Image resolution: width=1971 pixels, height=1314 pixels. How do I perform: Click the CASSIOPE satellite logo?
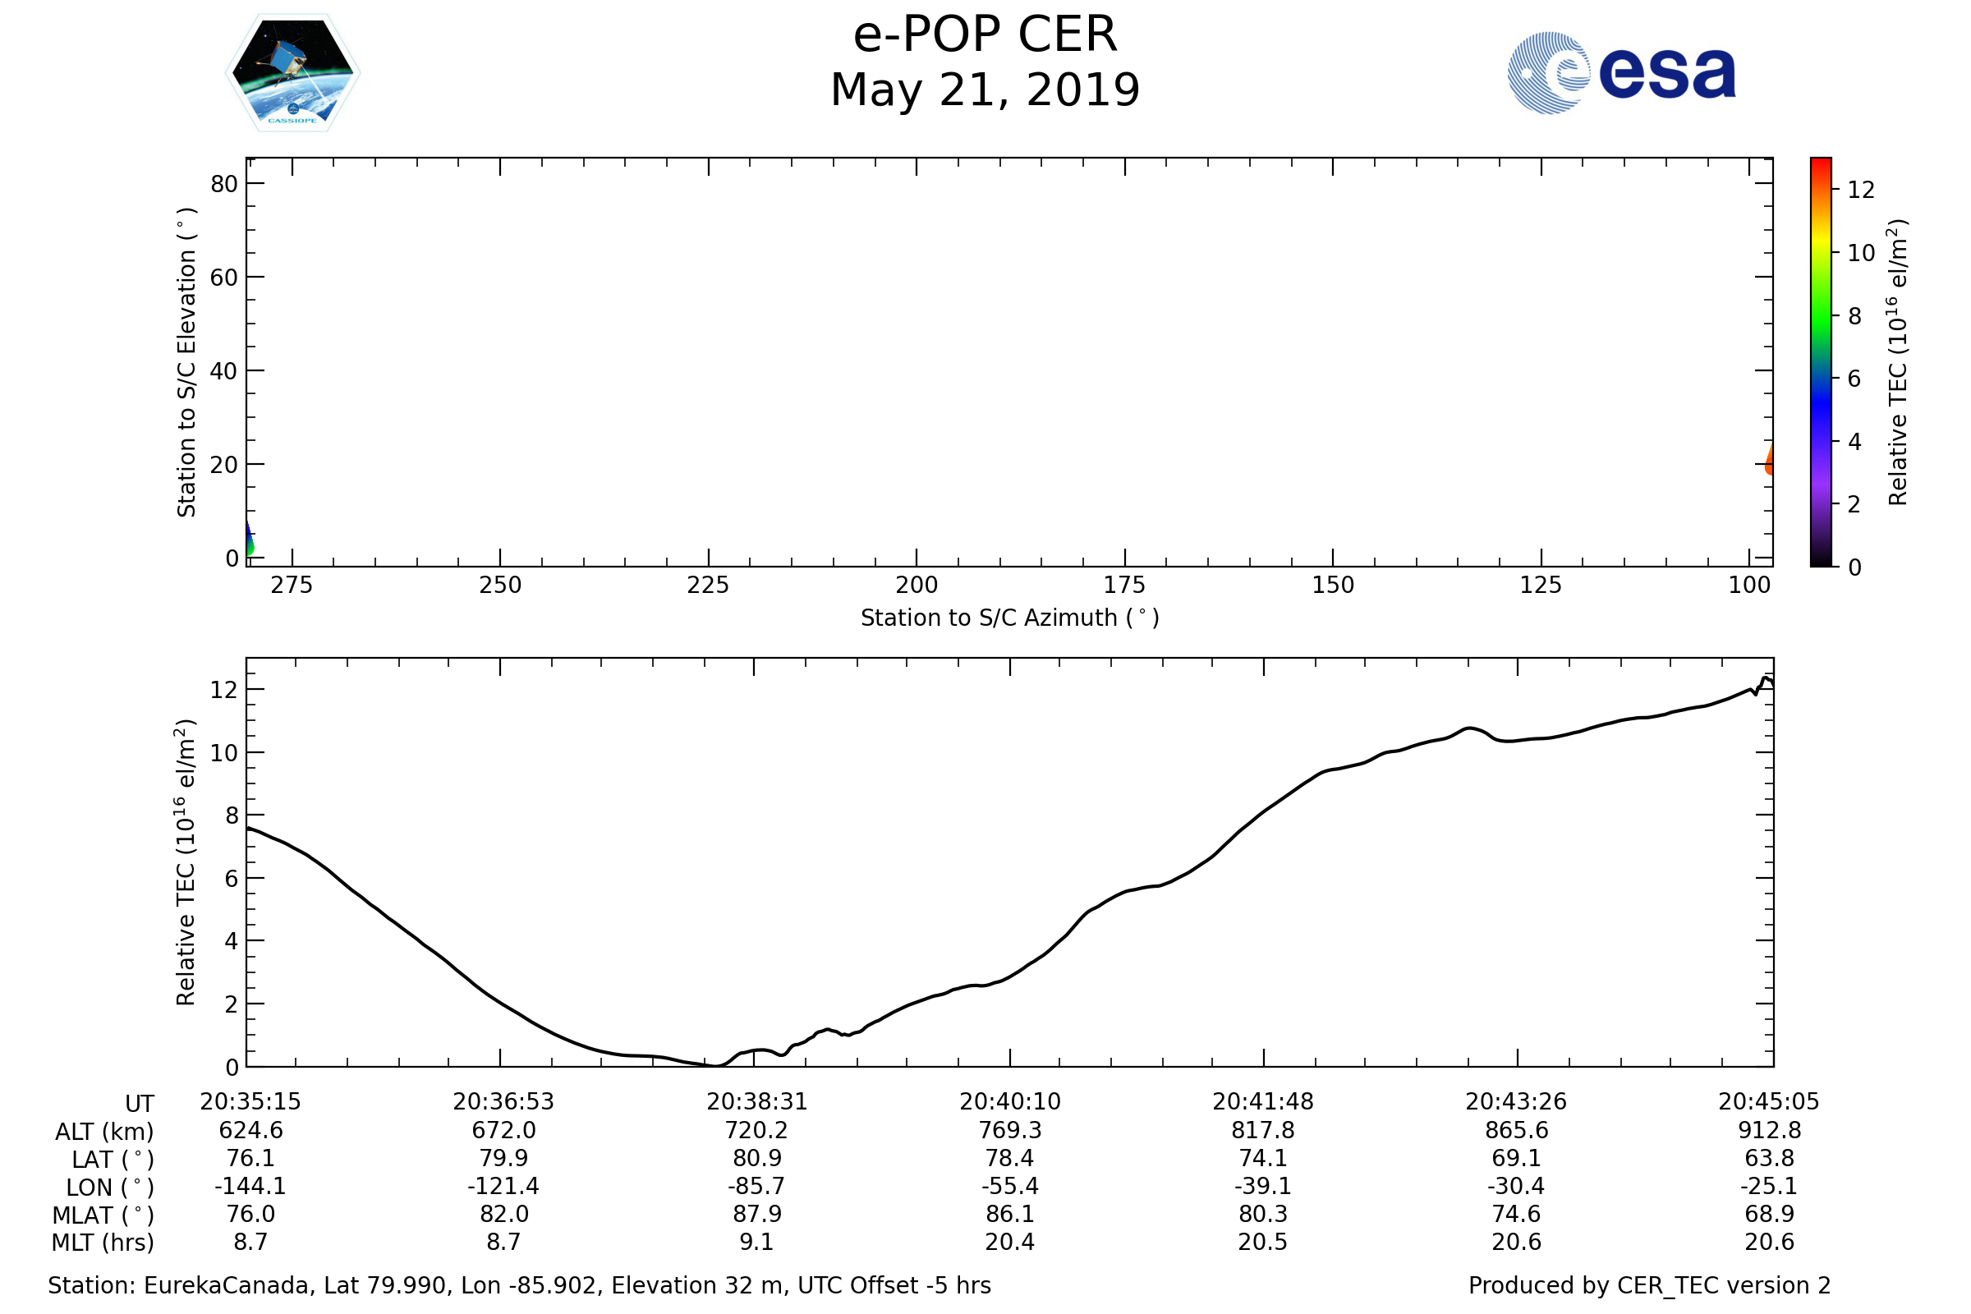pyautogui.click(x=292, y=73)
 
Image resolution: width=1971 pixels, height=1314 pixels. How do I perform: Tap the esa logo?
pyautogui.click(x=1620, y=73)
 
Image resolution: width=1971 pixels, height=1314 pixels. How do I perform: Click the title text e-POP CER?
pyautogui.click(x=985, y=35)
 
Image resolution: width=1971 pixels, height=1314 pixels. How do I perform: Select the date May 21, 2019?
pyautogui.click(x=985, y=90)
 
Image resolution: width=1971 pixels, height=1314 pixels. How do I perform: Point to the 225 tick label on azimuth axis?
pyautogui.click(x=708, y=585)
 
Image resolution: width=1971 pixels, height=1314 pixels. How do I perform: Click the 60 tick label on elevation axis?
pyautogui.click(x=223, y=278)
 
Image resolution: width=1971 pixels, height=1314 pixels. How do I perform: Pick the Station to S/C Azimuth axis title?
pyautogui.click(x=1010, y=618)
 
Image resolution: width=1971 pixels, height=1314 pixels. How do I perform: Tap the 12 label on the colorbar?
pyautogui.click(x=1860, y=191)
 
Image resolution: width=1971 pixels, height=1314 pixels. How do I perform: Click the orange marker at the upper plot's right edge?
pyautogui.click(x=1769, y=462)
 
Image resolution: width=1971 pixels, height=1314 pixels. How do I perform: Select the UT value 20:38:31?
pyautogui.click(x=756, y=1102)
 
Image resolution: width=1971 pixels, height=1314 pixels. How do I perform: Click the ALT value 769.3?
pyautogui.click(x=1010, y=1131)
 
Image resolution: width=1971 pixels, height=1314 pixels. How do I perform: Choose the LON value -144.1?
pyautogui.click(x=250, y=1187)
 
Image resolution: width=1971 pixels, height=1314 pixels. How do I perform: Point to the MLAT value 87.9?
pyautogui.click(x=756, y=1215)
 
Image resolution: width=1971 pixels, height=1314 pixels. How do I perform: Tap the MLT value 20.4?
pyautogui.click(x=1010, y=1242)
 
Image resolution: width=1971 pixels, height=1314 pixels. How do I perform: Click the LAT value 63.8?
pyautogui.click(x=1769, y=1158)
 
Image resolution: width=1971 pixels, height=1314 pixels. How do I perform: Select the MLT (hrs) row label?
pyautogui.click(x=103, y=1243)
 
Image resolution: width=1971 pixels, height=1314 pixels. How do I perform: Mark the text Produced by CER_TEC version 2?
pyautogui.click(x=1649, y=1285)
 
